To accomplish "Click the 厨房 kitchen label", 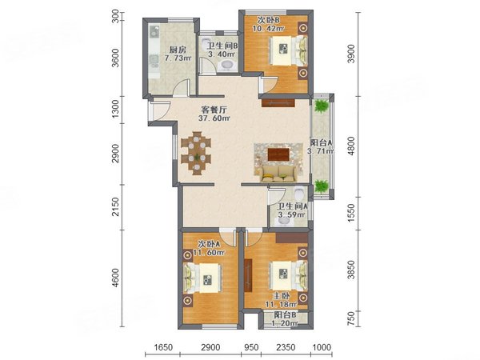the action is [x=178, y=50].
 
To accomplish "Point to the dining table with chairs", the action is [x=196, y=153].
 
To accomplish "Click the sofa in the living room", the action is [x=279, y=174].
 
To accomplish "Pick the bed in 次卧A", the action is [x=202, y=278].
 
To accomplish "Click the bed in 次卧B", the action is [x=288, y=50].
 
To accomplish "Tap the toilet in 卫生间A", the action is [x=299, y=193].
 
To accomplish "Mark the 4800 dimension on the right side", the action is [x=352, y=146].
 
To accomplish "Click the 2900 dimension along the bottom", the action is [x=210, y=347].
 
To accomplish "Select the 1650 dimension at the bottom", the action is [x=163, y=347].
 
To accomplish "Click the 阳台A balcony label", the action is [x=321, y=143].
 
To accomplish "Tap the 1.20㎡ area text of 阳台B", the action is [x=285, y=323].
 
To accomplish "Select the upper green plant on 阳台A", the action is [x=321, y=106].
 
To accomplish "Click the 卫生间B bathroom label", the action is [x=222, y=46].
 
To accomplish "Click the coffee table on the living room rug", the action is [x=279, y=154].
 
